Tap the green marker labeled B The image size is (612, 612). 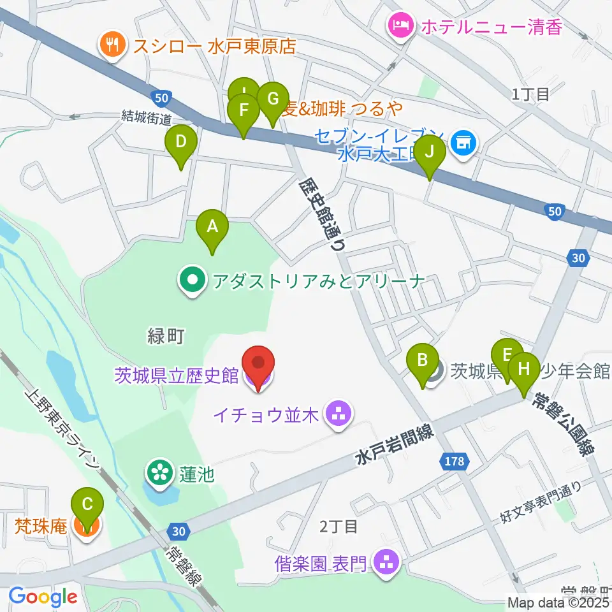422,361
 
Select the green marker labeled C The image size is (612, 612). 87,506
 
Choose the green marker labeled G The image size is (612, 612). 273,101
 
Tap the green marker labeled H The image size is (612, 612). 523,370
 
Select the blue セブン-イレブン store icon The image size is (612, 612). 461,142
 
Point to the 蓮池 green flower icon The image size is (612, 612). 157,473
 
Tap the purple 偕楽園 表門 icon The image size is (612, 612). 385,562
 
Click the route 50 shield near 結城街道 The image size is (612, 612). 161,97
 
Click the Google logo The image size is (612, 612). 43,597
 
